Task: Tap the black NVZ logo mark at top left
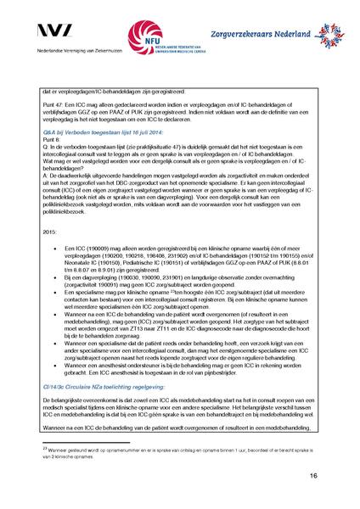click(56, 33)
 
